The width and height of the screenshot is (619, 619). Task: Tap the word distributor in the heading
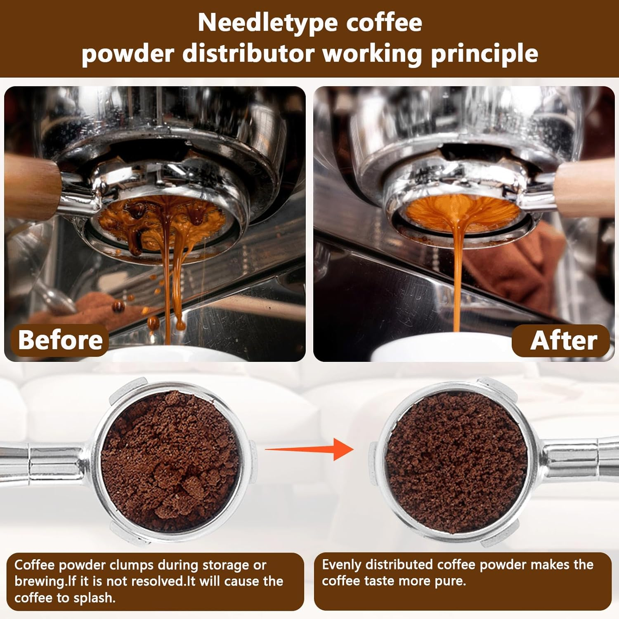pos(250,54)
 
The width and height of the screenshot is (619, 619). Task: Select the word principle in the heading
pos(484,54)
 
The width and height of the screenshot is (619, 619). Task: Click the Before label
pos(60,340)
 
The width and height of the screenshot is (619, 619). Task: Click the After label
pos(563,341)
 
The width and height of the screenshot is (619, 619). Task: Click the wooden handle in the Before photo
pos(33,188)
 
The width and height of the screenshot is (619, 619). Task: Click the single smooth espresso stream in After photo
pos(457,281)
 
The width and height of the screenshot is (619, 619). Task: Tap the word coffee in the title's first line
pos(384,23)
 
